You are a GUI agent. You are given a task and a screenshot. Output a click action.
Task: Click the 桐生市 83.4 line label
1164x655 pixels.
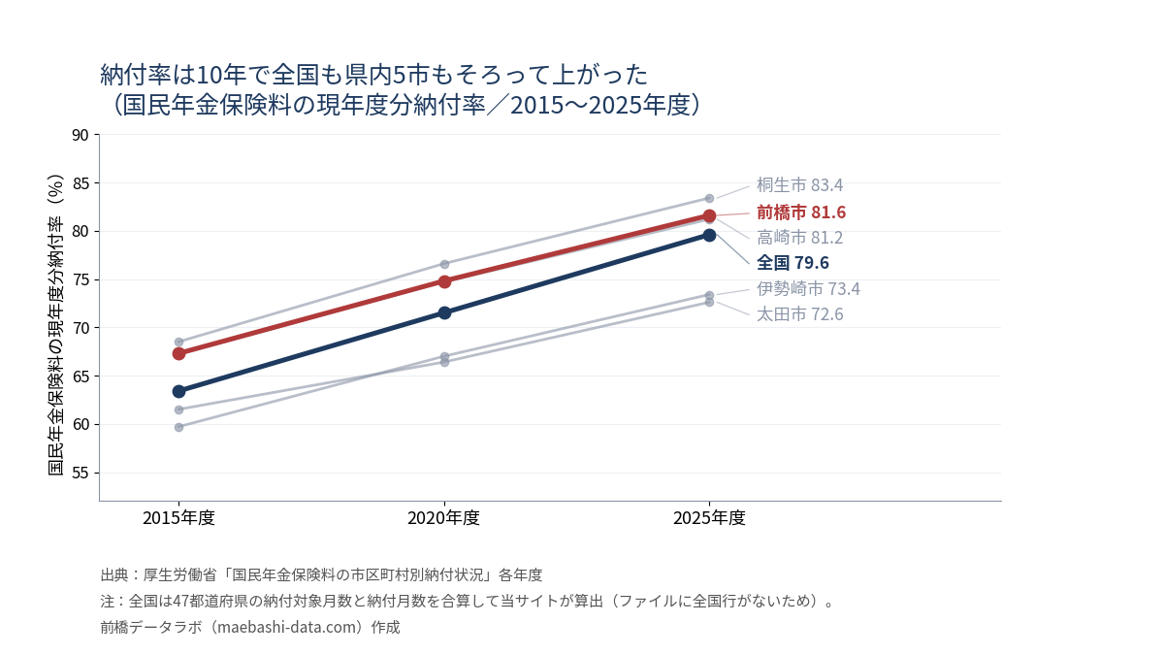tap(799, 185)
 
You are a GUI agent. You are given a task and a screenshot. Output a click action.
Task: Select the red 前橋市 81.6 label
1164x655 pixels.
tap(801, 213)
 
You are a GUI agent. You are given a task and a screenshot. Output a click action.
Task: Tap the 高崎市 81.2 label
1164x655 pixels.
tap(799, 238)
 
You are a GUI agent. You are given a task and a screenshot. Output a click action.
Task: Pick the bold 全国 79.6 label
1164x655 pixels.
tap(793, 263)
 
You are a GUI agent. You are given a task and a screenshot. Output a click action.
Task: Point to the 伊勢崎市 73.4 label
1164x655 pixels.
tap(809, 288)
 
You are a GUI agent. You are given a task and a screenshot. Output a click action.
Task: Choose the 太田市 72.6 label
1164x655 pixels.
tap(799, 314)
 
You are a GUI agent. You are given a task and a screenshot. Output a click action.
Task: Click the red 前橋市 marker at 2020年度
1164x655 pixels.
tap(444, 281)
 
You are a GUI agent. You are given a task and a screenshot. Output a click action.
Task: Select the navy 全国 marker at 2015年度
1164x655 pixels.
tap(178, 391)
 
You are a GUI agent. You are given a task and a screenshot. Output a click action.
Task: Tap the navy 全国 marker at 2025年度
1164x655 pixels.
tap(709, 236)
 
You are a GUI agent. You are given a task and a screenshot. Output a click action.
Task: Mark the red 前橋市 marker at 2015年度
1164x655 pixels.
tap(178, 354)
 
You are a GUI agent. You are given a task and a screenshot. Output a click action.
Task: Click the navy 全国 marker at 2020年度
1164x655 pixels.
tap(444, 312)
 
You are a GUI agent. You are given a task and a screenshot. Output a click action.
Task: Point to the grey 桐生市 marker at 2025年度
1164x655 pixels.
tap(709, 199)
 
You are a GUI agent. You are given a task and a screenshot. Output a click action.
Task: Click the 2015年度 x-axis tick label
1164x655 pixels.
tap(178, 518)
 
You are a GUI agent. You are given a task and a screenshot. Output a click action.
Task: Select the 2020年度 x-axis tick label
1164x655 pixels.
tap(444, 518)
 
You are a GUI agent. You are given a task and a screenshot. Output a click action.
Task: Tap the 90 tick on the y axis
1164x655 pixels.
tap(81, 135)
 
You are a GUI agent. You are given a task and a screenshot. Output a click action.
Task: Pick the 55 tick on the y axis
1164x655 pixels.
tap(81, 474)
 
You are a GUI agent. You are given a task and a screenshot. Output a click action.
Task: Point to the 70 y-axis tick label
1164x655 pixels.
tap(81, 328)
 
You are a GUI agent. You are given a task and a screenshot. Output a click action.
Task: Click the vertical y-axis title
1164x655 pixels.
tap(55, 325)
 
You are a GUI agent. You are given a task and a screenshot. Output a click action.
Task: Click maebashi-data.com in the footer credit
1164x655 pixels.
tap(285, 628)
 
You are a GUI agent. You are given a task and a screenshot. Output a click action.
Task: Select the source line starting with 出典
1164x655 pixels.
tap(321, 574)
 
